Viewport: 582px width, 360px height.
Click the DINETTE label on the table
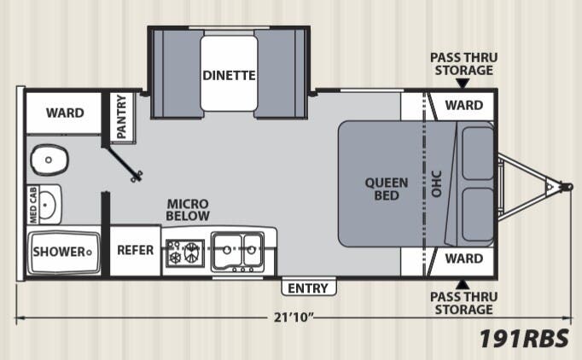229,75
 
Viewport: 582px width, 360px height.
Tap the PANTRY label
122,116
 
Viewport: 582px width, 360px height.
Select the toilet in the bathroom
49,160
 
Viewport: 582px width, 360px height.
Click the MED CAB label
33,205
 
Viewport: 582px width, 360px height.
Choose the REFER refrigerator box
136,251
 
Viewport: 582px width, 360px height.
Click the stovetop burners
185,253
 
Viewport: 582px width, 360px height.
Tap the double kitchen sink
237,252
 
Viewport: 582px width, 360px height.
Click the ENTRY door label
308,288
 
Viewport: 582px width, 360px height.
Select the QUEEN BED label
387,189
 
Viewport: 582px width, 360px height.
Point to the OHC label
437,183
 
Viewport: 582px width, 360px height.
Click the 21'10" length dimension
294,317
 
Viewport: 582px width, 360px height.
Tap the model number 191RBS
524,339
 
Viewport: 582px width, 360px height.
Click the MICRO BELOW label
188,210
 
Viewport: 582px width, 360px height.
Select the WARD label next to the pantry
65,113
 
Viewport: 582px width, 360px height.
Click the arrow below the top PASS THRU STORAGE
463,84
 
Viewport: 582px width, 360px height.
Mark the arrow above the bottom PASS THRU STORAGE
463,285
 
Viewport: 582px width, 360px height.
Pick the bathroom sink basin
48,205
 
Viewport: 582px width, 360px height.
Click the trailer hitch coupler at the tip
567,186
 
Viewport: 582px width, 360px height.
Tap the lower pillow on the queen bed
478,214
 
